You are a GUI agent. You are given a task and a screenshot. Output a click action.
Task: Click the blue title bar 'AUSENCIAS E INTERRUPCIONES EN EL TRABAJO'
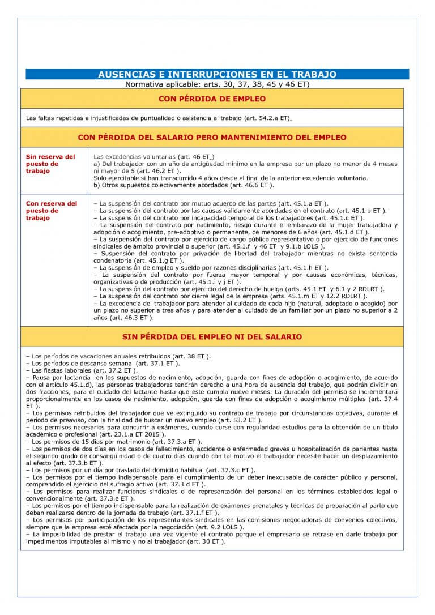point(217,74)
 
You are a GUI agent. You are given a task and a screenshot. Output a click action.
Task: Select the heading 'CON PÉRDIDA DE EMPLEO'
point(217,99)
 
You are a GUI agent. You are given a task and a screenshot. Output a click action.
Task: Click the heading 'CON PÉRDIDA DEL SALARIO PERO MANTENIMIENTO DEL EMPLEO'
point(217,138)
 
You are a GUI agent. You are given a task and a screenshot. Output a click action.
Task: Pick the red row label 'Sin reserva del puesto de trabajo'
point(50,164)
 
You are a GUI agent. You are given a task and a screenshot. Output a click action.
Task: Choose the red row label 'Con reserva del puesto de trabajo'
point(51,211)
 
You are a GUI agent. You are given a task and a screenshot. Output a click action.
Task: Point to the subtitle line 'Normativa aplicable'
point(217,84)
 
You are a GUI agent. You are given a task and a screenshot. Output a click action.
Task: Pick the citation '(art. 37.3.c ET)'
point(228,470)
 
